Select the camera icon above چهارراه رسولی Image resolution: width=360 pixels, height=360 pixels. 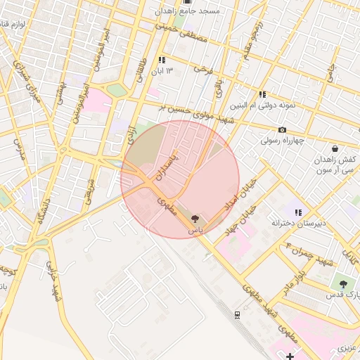282,129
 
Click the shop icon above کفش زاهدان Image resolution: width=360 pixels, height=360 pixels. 334,148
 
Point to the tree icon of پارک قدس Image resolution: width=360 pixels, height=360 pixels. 342,284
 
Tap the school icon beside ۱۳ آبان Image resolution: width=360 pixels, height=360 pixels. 162,60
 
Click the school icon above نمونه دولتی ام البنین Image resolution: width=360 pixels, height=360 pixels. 262,94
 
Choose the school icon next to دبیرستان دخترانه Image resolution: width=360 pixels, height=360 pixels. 299,212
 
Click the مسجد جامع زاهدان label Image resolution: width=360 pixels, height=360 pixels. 190,11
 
